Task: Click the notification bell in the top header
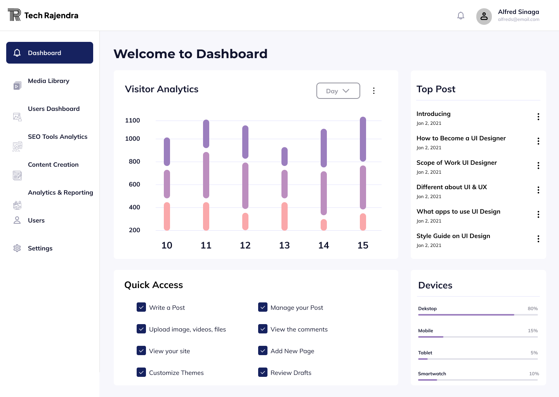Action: click(461, 16)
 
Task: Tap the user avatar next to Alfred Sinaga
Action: click(484, 16)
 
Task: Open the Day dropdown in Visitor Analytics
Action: click(338, 91)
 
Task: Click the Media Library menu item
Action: click(49, 81)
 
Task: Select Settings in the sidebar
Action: click(40, 249)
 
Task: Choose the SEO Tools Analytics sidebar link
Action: click(57, 137)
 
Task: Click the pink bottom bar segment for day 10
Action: click(167, 216)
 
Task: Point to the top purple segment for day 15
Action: click(363, 139)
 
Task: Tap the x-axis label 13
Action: click(285, 245)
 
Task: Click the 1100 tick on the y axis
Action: click(132, 121)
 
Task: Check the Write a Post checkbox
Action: click(141, 307)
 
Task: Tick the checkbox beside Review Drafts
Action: click(263, 373)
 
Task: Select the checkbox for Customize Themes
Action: click(141, 373)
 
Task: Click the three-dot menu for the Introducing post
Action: click(538, 117)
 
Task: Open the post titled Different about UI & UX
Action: click(451, 187)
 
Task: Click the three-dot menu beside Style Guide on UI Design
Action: click(538, 239)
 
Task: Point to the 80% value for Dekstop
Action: click(533, 309)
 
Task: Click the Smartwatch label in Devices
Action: click(432, 374)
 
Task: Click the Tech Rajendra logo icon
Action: click(14, 15)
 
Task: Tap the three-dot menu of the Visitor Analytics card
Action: click(374, 91)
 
